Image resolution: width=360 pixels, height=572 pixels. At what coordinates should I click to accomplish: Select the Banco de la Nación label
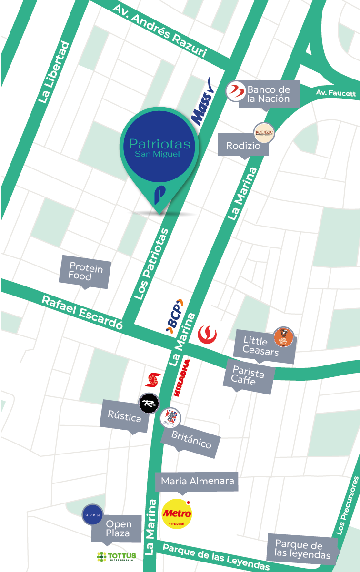click(268, 94)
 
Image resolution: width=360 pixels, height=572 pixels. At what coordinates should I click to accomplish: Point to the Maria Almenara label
click(197, 481)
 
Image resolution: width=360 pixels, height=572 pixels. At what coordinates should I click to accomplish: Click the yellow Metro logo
click(177, 513)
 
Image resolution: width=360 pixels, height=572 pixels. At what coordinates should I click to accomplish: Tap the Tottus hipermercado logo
click(116, 556)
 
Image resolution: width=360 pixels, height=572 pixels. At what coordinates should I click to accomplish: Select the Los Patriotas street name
click(152, 264)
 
